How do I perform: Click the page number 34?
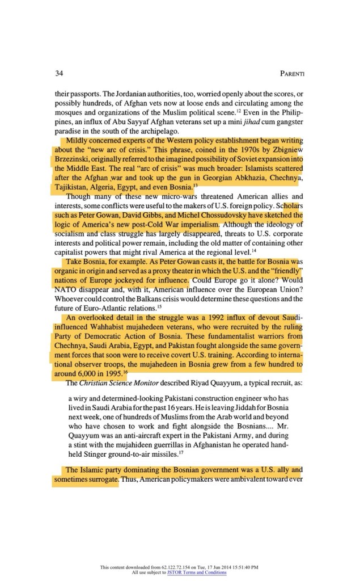click(x=58, y=73)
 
